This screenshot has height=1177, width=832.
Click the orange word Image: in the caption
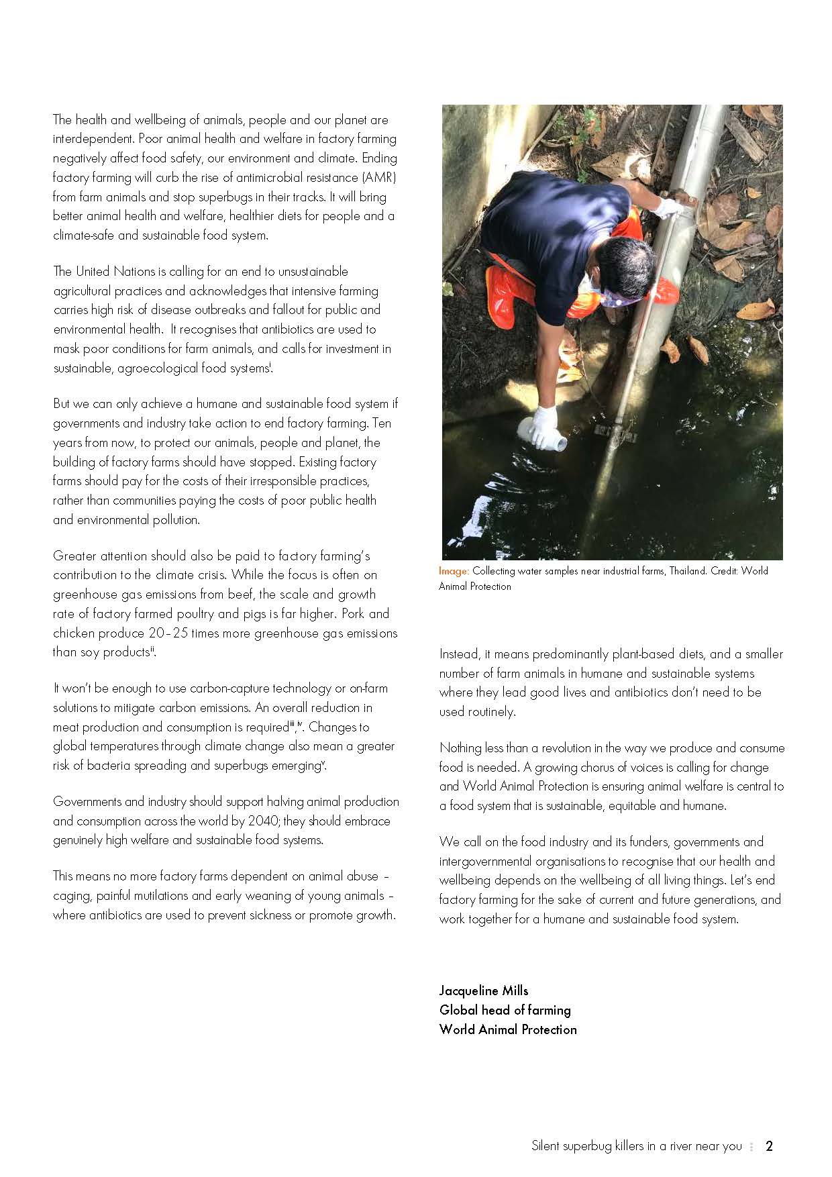[x=454, y=571]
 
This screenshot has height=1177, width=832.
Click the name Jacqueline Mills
[x=484, y=990]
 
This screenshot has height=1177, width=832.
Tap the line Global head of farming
[x=505, y=1010]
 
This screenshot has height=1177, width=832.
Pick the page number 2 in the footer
[x=769, y=1146]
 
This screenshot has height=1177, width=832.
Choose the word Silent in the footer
[x=545, y=1146]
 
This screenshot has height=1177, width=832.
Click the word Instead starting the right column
[x=459, y=654]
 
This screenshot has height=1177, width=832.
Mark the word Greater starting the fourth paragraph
[x=75, y=556]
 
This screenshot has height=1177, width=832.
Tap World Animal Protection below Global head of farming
[x=508, y=1029]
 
